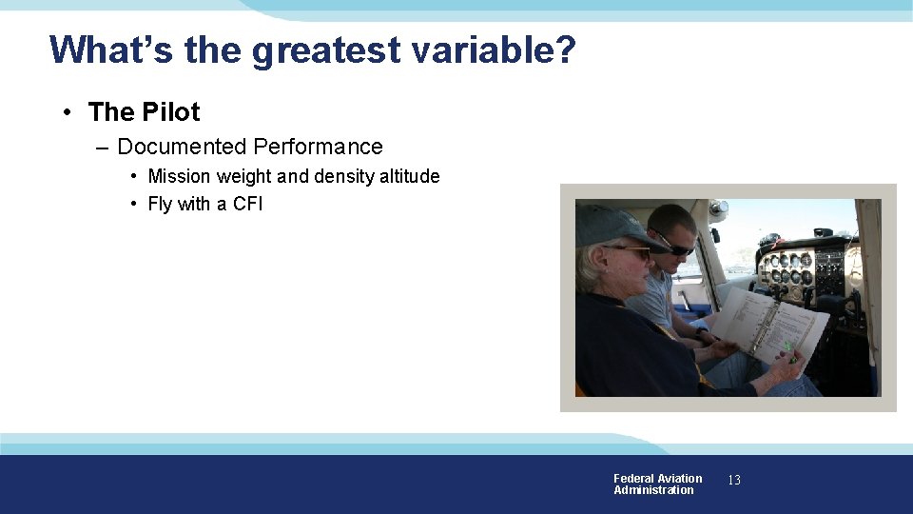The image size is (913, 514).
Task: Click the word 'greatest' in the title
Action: [x=326, y=49]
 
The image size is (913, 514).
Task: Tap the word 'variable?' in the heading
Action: [x=494, y=49]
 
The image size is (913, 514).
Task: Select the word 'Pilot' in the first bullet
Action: [x=171, y=112]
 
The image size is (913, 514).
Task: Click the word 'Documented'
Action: [x=181, y=147]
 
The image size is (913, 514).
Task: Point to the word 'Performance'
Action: [x=318, y=147]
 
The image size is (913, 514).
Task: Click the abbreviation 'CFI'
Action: [x=247, y=204]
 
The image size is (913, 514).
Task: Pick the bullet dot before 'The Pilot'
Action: [x=68, y=112]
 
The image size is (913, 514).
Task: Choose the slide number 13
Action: [x=734, y=481]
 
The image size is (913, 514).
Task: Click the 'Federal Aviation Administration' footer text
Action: [x=657, y=484]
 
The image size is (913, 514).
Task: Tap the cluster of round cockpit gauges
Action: [x=787, y=268]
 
